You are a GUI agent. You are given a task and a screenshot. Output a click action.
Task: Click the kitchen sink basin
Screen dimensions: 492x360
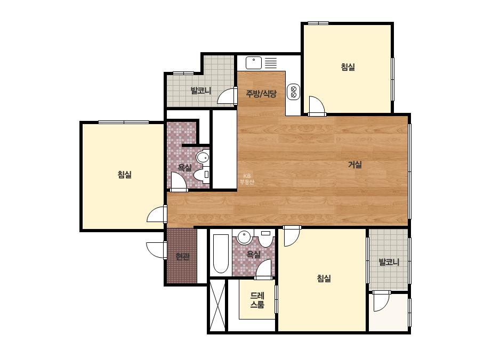click(254, 63)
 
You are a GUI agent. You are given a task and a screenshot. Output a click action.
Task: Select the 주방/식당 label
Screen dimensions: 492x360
click(261, 93)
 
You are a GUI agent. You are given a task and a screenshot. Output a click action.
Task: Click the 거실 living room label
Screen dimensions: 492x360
click(355, 165)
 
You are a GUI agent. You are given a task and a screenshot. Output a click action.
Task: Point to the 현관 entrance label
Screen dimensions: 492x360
click(183, 257)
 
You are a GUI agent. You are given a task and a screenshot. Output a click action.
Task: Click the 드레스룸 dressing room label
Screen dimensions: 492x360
click(257, 300)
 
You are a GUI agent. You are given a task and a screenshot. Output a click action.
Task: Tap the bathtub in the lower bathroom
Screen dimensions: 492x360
click(221, 253)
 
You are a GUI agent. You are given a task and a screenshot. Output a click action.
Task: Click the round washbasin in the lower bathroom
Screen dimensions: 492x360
click(245, 237)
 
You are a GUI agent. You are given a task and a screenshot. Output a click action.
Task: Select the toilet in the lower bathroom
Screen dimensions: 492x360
click(266, 239)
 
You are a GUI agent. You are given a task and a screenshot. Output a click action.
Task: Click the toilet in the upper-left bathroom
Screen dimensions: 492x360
click(201, 174)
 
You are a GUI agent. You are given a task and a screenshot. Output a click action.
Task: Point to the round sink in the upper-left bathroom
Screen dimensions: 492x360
click(203, 157)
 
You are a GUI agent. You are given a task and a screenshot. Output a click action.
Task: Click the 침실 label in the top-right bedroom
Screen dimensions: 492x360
click(348, 67)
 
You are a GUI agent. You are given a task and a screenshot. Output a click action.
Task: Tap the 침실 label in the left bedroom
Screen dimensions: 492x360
click(125, 174)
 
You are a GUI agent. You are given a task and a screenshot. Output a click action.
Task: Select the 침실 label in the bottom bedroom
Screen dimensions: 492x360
click(324, 278)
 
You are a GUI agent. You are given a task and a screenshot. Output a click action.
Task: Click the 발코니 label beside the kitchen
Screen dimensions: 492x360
click(201, 91)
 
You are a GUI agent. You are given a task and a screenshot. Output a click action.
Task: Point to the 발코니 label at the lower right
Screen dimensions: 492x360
click(389, 262)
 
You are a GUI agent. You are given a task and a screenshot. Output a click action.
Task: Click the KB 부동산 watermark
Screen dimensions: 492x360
click(247, 179)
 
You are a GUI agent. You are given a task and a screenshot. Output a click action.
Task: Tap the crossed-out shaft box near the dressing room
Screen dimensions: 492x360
click(217, 305)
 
